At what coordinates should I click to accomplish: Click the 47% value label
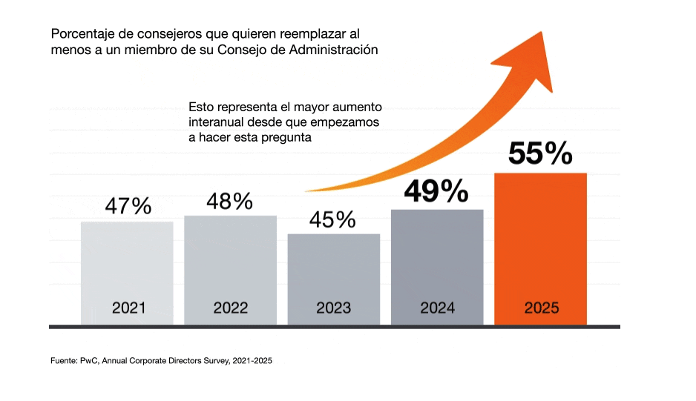128,205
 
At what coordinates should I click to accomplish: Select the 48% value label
230,201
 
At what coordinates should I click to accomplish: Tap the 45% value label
333,219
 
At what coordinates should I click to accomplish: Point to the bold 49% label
436,191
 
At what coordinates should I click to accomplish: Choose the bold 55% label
540,153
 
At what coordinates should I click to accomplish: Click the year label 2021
128,308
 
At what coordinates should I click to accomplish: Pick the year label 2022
230,308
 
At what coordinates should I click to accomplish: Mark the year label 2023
333,308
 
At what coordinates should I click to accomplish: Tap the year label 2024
437,308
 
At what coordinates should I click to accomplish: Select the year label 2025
540,308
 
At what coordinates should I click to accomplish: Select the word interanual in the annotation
220,122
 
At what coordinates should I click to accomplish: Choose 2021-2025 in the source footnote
253,360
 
